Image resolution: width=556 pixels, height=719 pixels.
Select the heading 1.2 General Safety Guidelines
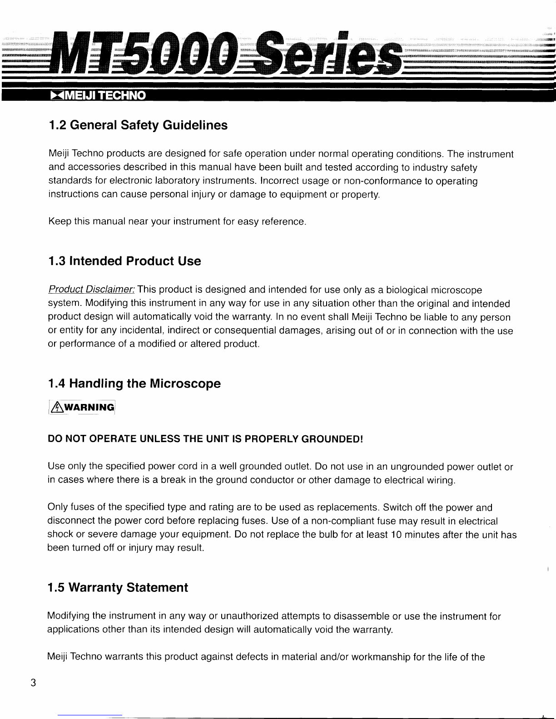138,125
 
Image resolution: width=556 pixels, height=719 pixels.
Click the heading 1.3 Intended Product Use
124,261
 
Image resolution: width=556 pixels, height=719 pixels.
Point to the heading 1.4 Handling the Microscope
134,384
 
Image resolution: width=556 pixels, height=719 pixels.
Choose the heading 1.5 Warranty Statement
118,588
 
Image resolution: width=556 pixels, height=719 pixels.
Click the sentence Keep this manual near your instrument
177,222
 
